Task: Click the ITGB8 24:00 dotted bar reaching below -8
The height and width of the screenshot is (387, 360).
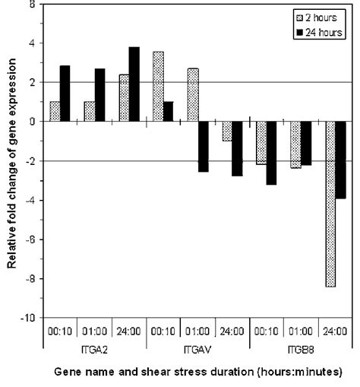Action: [330, 204]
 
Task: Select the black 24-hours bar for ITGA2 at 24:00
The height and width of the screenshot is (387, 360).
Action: [134, 84]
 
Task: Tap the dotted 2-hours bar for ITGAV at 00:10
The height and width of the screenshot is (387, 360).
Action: [158, 87]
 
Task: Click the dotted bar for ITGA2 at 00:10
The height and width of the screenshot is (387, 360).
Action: [55, 111]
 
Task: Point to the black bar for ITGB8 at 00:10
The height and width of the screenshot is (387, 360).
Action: [271, 153]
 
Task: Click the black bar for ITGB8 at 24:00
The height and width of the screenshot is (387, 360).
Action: [340, 160]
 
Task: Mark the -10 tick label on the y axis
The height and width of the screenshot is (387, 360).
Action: [28, 318]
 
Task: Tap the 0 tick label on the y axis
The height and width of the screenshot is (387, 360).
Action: [31, 122]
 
